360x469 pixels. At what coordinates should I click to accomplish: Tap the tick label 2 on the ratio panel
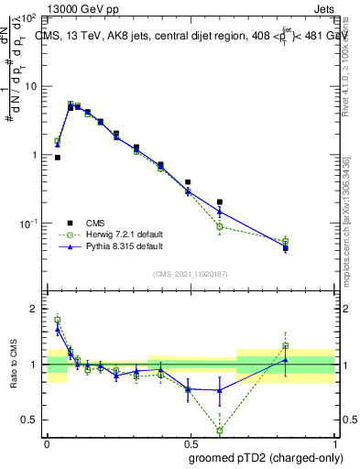34,310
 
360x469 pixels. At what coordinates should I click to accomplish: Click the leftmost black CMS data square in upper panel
58,158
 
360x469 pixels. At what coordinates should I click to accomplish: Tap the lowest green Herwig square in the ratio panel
220,430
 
